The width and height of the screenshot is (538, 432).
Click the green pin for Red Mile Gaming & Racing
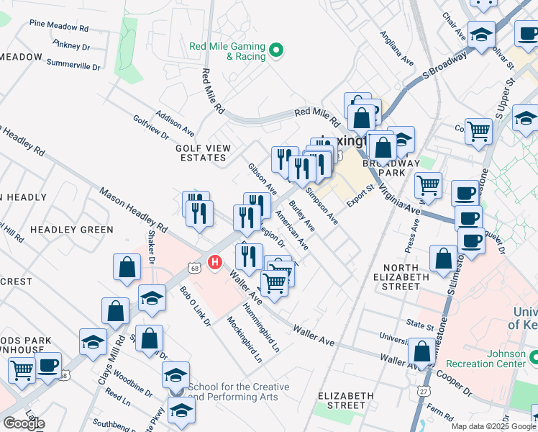click(276, 50)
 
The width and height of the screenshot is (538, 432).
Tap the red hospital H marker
click(214, 264)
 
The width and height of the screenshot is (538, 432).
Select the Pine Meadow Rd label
click(58, 27)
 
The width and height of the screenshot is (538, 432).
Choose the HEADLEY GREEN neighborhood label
click(72, 230)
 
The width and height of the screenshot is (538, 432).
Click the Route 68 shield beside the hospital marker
click(195, 268)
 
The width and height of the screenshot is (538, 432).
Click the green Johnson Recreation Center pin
click(532, 356)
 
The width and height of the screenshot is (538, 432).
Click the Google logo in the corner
click(24, 423)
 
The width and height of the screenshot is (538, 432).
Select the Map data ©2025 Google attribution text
click(493, 426)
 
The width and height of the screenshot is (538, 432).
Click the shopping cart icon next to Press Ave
click(428, 184)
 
